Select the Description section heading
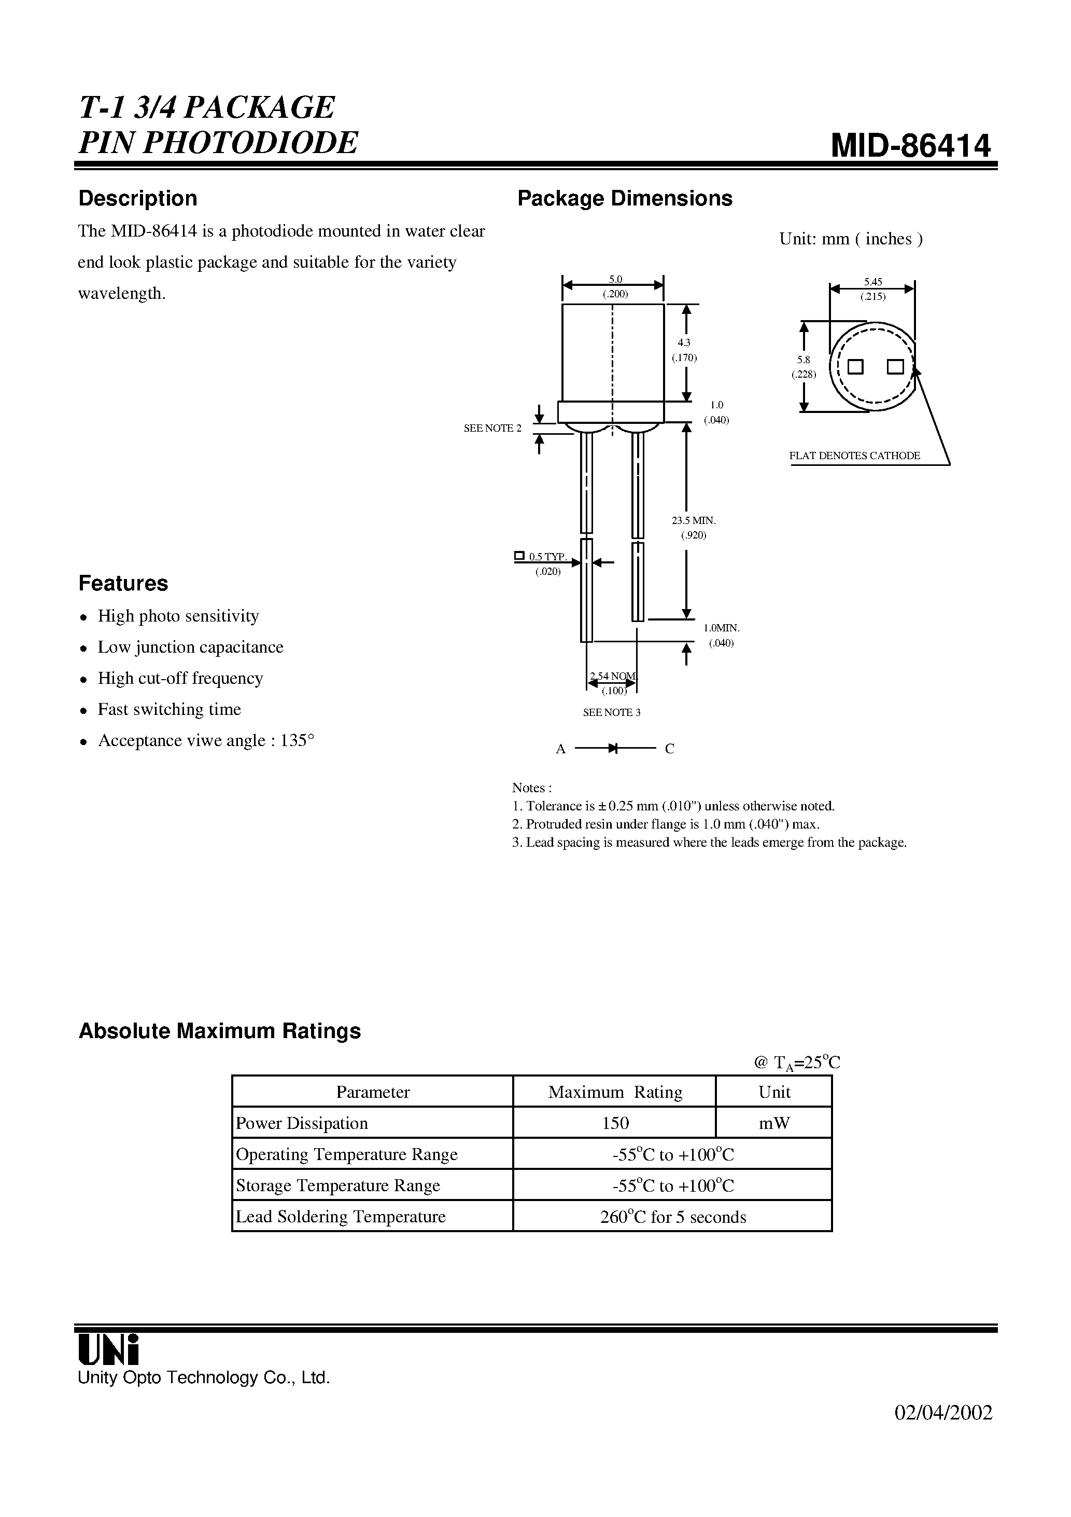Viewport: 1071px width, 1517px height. [x=137, y=198]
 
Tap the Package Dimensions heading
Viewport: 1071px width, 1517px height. [x=625, y=198]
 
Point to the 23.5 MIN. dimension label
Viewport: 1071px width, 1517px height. [x=693, y=521]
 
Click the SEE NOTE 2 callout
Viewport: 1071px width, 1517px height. [x=492, y=428]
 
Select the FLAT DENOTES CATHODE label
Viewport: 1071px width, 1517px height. [x=854, y=456]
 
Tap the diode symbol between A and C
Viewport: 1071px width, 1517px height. [x=613, y=748]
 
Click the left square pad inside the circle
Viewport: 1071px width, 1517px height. [x=856, y=366]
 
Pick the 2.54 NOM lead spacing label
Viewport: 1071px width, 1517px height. [x=613, y=676]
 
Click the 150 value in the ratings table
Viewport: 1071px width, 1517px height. [x=615, y=1123]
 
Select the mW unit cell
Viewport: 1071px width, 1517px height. [x=774, y=1123]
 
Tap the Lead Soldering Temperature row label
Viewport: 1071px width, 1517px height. [x=341, y=1217]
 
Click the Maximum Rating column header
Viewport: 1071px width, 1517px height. [x=615, y=1092]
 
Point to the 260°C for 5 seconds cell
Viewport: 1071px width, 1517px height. [x=672, y=1217]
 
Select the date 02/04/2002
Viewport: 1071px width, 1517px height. [x=943, y=1413]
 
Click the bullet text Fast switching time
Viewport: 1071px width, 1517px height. [x=169, y=709]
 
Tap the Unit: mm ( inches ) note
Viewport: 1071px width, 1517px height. [x=851, y=239]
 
